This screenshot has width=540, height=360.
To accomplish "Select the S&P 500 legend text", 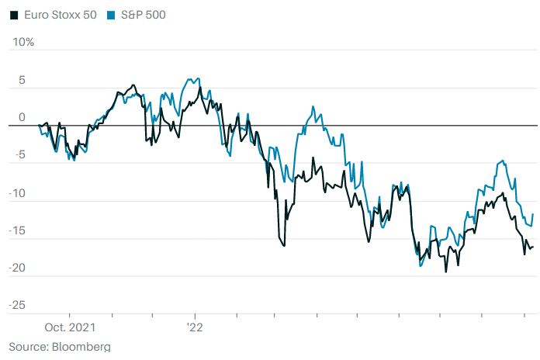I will [144, 15].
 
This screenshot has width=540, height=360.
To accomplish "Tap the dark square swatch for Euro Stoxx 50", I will [13, 15].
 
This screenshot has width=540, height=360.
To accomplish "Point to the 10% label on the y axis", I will [21, 41].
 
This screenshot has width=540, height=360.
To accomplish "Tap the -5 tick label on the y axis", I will [20, 154].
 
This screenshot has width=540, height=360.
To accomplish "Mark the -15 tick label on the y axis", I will [18, 230].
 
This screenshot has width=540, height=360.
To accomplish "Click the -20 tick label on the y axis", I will [18, 268].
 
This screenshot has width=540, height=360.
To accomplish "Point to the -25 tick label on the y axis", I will [18, 305].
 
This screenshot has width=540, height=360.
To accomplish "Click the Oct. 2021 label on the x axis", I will [69, 327].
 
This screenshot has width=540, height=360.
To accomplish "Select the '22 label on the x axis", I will [194, 327].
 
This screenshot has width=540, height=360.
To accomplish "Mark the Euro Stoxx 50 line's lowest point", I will [445, 272].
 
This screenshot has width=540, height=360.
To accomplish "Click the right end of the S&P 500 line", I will [532, 214].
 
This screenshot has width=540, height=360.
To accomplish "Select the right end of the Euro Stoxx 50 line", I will [532, 247].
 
